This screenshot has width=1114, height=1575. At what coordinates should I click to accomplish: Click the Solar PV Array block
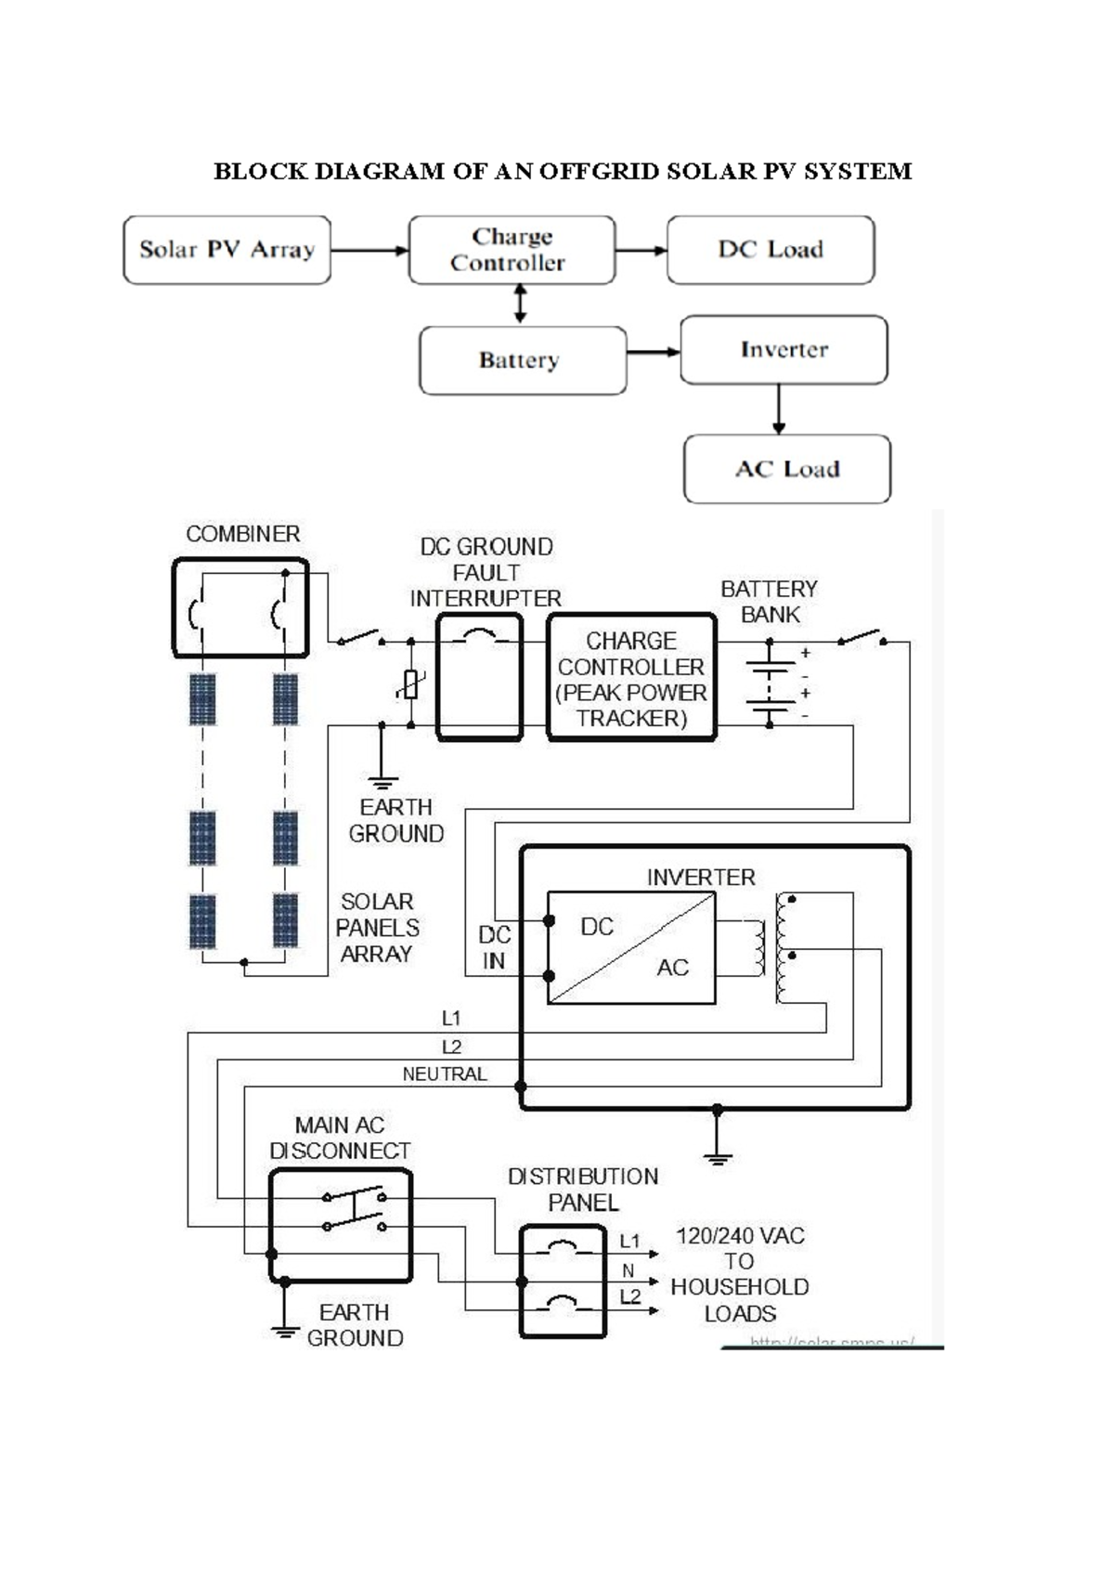(227, 250)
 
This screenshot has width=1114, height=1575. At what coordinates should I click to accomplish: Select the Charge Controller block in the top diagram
(512, 250)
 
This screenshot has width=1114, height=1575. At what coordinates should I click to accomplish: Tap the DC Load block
(771, 250)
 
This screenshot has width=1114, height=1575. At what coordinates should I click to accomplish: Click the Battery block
(523, 360)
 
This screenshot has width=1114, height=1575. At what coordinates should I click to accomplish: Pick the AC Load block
(787, 469)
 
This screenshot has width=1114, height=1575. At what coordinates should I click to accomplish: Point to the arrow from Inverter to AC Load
(779, 410)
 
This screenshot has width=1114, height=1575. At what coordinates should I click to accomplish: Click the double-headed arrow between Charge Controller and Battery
(520, 305)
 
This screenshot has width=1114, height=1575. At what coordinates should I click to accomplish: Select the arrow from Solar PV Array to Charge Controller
(369, 250)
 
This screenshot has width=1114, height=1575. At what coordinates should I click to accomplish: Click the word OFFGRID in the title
(599, 172)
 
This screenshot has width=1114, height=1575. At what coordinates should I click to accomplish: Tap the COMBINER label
(243, 534)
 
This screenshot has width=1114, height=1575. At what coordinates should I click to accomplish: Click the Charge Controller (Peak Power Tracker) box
(631, 678)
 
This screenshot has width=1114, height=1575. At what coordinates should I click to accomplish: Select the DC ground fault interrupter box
(479, 678)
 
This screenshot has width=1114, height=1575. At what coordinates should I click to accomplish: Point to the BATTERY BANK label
(770, 602)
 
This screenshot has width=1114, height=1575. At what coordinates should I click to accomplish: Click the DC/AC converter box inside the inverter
(631, 947)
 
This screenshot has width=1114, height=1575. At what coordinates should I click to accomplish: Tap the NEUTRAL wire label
(445, 1074)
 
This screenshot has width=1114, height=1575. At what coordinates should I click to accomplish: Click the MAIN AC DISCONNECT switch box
(340, 1226)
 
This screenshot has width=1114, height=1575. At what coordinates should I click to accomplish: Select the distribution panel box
(563, 1282)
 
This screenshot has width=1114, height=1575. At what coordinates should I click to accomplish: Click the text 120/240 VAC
(740, 1236)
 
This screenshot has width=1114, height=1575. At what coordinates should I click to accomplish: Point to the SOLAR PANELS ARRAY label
(377, 928)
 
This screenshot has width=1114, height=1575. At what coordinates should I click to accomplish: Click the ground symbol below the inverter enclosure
(718, 1156)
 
